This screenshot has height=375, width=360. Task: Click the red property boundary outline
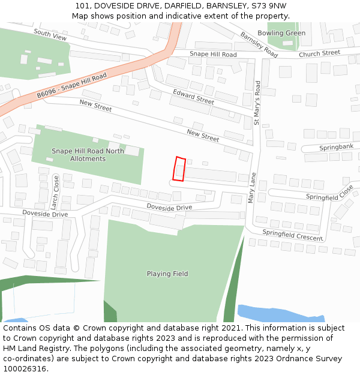point(179,169)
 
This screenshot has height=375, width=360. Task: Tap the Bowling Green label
point(281,33)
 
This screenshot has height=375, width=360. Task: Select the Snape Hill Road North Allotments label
point(88,155)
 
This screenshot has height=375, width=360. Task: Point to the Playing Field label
point(167,274)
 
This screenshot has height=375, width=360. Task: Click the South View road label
point(50,35)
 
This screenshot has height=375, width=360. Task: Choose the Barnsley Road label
point(259,44)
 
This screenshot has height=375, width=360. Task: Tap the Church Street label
point(320,53)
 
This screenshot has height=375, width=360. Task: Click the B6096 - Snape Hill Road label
point(71,86)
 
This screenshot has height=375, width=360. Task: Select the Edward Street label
point(193,96)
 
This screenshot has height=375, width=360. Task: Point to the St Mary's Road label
point(257,103)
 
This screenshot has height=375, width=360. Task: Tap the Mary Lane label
point(253,188)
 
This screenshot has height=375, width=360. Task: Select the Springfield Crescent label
point(292,235)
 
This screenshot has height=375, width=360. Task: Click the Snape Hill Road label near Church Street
point(213,55)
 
